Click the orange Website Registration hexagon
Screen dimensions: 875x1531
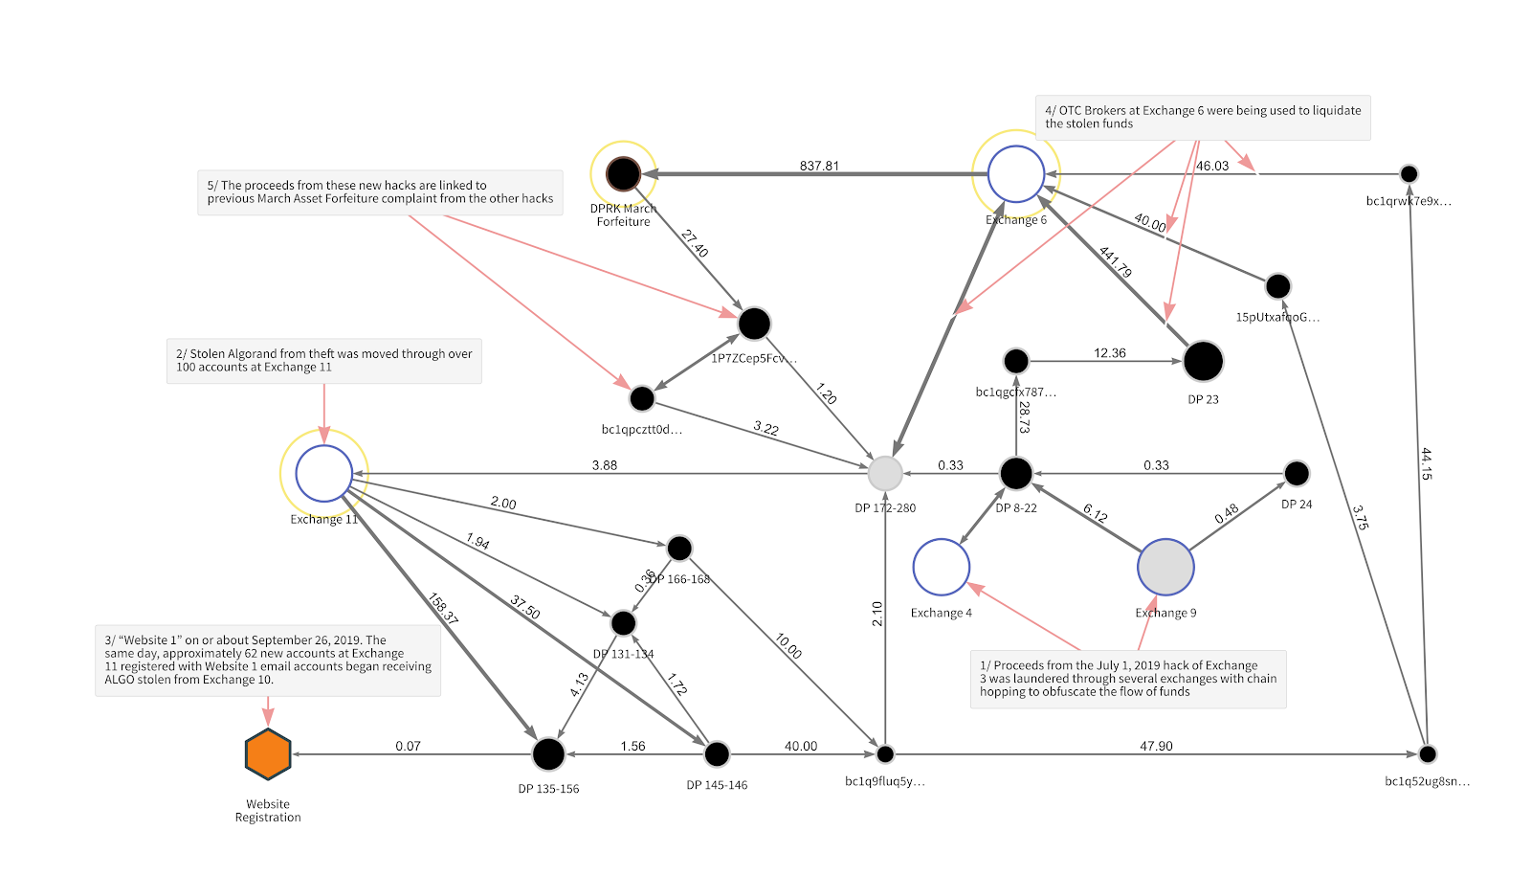268,754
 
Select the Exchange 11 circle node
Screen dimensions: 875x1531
324,473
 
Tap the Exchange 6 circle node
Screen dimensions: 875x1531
1015,174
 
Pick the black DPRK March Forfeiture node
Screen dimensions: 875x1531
623,174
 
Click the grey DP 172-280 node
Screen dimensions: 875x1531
885,473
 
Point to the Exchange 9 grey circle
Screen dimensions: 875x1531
1165,567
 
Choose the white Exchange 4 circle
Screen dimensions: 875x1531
942,567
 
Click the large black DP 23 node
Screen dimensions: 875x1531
1203,361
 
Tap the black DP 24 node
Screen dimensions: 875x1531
1297,473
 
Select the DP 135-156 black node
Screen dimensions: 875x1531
548,754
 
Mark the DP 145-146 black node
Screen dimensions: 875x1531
717,754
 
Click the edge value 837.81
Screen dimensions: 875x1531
819,166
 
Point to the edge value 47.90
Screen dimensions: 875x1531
1156,746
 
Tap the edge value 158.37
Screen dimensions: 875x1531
443,609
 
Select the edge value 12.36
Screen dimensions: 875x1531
1110,353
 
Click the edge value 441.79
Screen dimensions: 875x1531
1116,261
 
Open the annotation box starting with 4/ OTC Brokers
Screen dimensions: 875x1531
1203,118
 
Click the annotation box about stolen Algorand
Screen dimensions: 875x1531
324,361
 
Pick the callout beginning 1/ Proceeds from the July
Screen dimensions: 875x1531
1128,679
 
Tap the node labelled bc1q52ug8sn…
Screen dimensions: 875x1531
1428,754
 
